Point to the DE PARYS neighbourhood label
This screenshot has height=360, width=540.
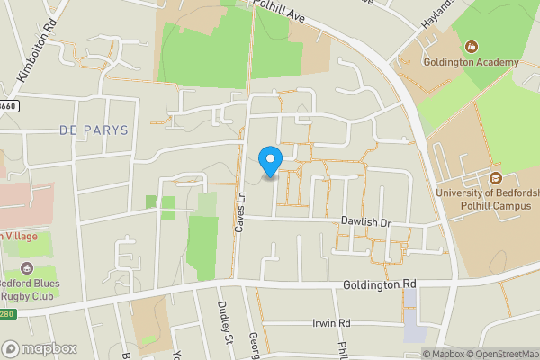[x=94, y=130]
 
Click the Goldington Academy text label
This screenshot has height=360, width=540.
[x=472, y=63]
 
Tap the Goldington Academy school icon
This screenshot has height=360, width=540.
[x=470, y=47]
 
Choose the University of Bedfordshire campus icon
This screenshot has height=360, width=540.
[x=495, y=175]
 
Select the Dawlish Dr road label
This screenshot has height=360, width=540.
[x=367, y=222]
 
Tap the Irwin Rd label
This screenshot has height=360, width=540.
[x=330, y=323]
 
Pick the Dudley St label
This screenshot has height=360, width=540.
[x=225, y=320]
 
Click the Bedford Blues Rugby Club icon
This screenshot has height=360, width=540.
[x=27, y=268]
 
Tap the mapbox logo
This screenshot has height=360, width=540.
[x=40, y=348]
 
